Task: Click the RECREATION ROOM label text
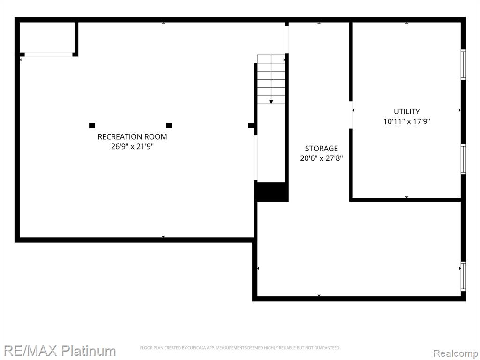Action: [132, 137]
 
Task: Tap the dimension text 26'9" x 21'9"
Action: [132, 147]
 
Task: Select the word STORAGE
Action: [322, 149]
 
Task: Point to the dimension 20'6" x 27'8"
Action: [322, 158]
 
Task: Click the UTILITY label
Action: [406, 112]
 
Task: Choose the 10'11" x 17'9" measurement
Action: [406, 121]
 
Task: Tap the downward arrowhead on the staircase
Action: [271, 102]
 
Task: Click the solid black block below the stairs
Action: [271, 192]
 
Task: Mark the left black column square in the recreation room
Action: [92, 126]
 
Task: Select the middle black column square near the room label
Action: [169, 126]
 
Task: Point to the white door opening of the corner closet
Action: [48, 55]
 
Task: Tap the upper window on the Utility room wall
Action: [464, 64]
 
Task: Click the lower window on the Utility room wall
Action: [464, 159]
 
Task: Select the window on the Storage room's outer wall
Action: [464, 277]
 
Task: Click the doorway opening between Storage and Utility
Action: [351, 115]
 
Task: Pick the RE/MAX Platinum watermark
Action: [60, 351]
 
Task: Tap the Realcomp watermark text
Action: [455, 353]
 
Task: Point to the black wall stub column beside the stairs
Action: [251, 126]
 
